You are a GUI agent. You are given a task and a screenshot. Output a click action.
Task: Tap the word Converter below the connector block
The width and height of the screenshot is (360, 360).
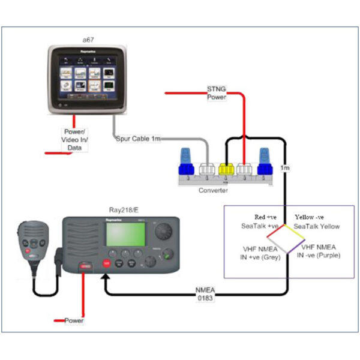[213, 190]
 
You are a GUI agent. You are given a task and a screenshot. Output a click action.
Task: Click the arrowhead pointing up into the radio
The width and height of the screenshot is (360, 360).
[106, 278]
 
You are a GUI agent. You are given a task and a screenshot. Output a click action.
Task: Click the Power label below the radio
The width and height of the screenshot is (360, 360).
[74, 321]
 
